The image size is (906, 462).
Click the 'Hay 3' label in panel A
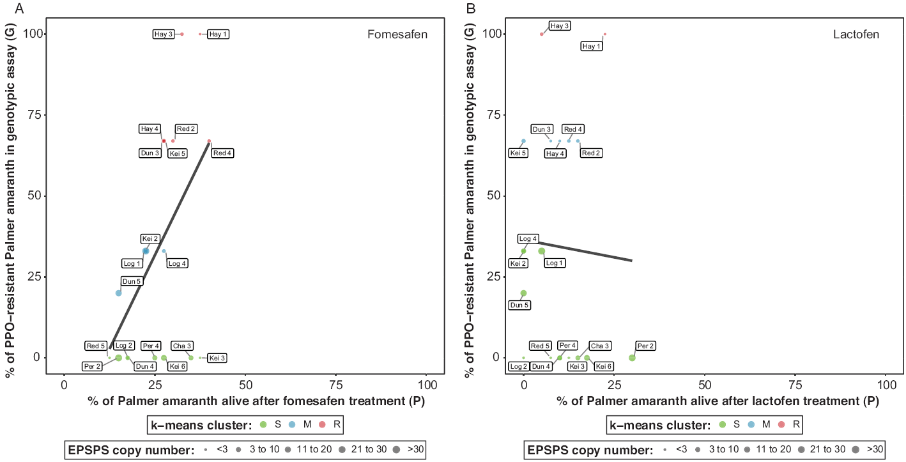click(164, 35)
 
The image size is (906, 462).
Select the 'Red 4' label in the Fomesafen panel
click(222, 153)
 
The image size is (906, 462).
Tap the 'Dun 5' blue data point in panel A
click(119, 293)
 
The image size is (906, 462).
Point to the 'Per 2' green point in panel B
click(632, 358)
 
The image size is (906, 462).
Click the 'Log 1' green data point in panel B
click(542, 251)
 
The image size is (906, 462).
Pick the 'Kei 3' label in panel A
click(218, 358)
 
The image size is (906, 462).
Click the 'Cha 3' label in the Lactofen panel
click(600, 346)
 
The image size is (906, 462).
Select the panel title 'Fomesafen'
click(397, 35)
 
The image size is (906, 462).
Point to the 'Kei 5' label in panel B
click(518, 153)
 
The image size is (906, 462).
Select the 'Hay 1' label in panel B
click(591, 47)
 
